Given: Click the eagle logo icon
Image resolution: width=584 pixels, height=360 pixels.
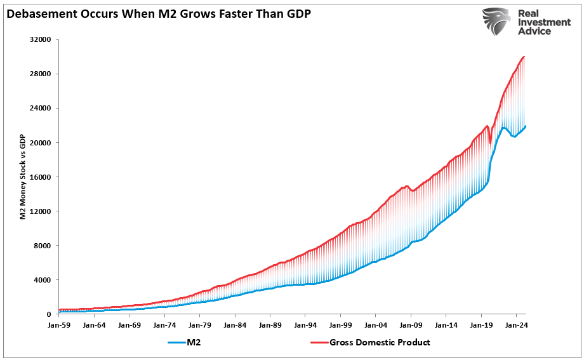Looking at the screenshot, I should (x=496, y=22).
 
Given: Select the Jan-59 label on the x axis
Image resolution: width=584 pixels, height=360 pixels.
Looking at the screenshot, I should (x=59, y=324).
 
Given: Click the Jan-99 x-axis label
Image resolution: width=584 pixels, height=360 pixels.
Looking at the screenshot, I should (x=340, y=324).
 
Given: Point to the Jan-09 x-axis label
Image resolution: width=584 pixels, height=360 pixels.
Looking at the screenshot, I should (x=411, y=324).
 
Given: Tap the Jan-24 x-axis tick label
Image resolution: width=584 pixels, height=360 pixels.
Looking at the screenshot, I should (x=516, y=324).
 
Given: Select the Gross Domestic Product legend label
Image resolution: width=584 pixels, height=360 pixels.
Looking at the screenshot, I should (x=380, y=343).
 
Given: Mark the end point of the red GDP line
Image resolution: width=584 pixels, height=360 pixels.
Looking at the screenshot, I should (x=524, y=57).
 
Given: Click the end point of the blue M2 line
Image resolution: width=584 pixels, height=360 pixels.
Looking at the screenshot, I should (x=525, y=126).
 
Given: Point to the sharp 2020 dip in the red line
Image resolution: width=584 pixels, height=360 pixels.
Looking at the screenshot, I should (x=490, y=142).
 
